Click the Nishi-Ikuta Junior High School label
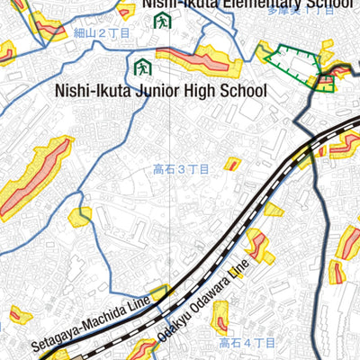(161, 91)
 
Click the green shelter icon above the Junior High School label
(140, 67)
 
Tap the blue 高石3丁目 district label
(181, 169)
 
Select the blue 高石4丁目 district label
(247, 343)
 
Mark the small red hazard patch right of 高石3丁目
(232, 164)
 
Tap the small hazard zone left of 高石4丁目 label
(218, 316)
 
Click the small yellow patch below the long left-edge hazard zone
(81, 216)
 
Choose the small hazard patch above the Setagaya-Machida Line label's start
(18, 315)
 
